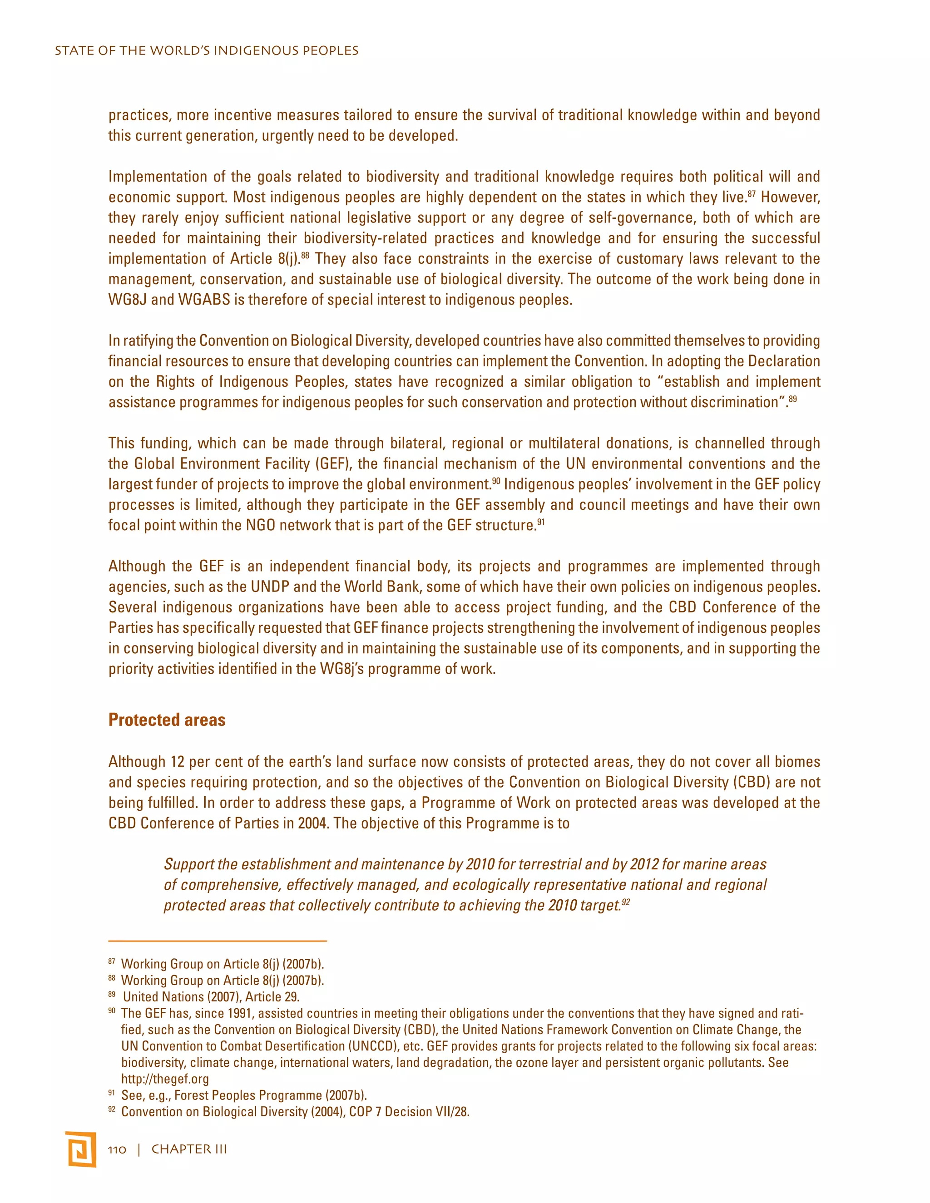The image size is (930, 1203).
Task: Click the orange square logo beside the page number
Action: coord(80,1149)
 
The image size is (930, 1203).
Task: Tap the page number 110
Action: coord(117,1149)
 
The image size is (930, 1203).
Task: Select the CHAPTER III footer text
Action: coord(189,1149)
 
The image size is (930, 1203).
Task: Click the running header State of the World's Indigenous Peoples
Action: coord(207,51)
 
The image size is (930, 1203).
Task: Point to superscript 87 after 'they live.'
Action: coord(752,194)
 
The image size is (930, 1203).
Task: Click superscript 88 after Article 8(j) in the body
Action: coord(305,255)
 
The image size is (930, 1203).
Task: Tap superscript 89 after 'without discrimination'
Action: coord(792,399)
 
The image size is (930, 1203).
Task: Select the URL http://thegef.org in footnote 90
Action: coord(165,1079)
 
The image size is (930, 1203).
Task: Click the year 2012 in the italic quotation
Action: coord(644,864)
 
